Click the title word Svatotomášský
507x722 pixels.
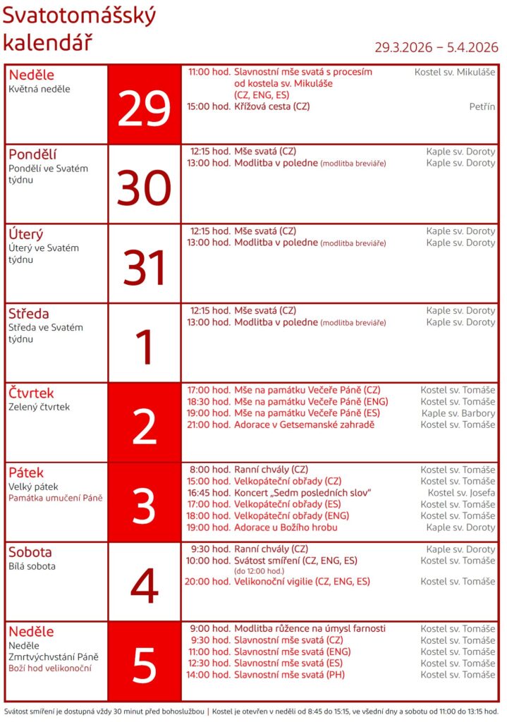point(79,16)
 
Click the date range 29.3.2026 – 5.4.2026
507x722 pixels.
point(436,47)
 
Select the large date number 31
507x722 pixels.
point(145,268)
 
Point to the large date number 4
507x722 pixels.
point(145,586)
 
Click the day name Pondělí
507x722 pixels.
point(33,154)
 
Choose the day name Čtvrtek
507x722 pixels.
point(31,393)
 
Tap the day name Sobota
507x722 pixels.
point(30,552)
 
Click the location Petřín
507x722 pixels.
point(482,106)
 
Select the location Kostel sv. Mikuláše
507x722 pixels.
point(455,72)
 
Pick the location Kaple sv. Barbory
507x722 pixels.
point(458,413)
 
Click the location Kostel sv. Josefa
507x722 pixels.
point(461,493)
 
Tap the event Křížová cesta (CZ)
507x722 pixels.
point(272,106)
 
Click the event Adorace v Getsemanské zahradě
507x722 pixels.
point(304,424)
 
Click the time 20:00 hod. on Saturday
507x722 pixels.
point(208,582)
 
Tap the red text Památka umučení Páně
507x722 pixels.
point(56,498)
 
